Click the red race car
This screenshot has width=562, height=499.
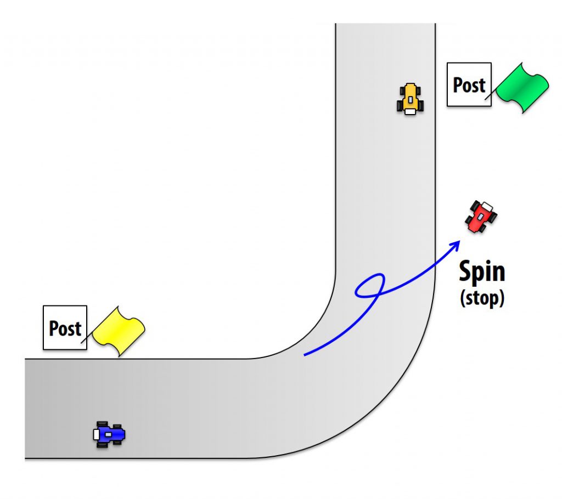click(x=481, y=216)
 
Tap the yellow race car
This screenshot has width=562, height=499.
click(x=410, y=99)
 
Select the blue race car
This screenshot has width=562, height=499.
click(x=109, y=434)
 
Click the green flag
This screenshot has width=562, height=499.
click(x=521, y=88)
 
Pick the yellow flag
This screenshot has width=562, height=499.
click(x=118, y=332)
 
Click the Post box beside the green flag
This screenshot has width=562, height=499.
click(x=469, y=84)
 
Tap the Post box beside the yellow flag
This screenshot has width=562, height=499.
click(x=65, y=328)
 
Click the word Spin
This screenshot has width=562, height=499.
click(x=481, y=272)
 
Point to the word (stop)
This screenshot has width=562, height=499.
click(x=481, y=298)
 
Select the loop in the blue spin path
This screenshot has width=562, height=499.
click(x=369, y=286)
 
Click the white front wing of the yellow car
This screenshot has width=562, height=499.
click(x=410, y=111)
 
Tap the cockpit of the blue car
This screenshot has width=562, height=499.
click(x=109, y=434)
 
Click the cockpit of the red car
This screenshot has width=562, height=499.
click(x=481, y=217)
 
